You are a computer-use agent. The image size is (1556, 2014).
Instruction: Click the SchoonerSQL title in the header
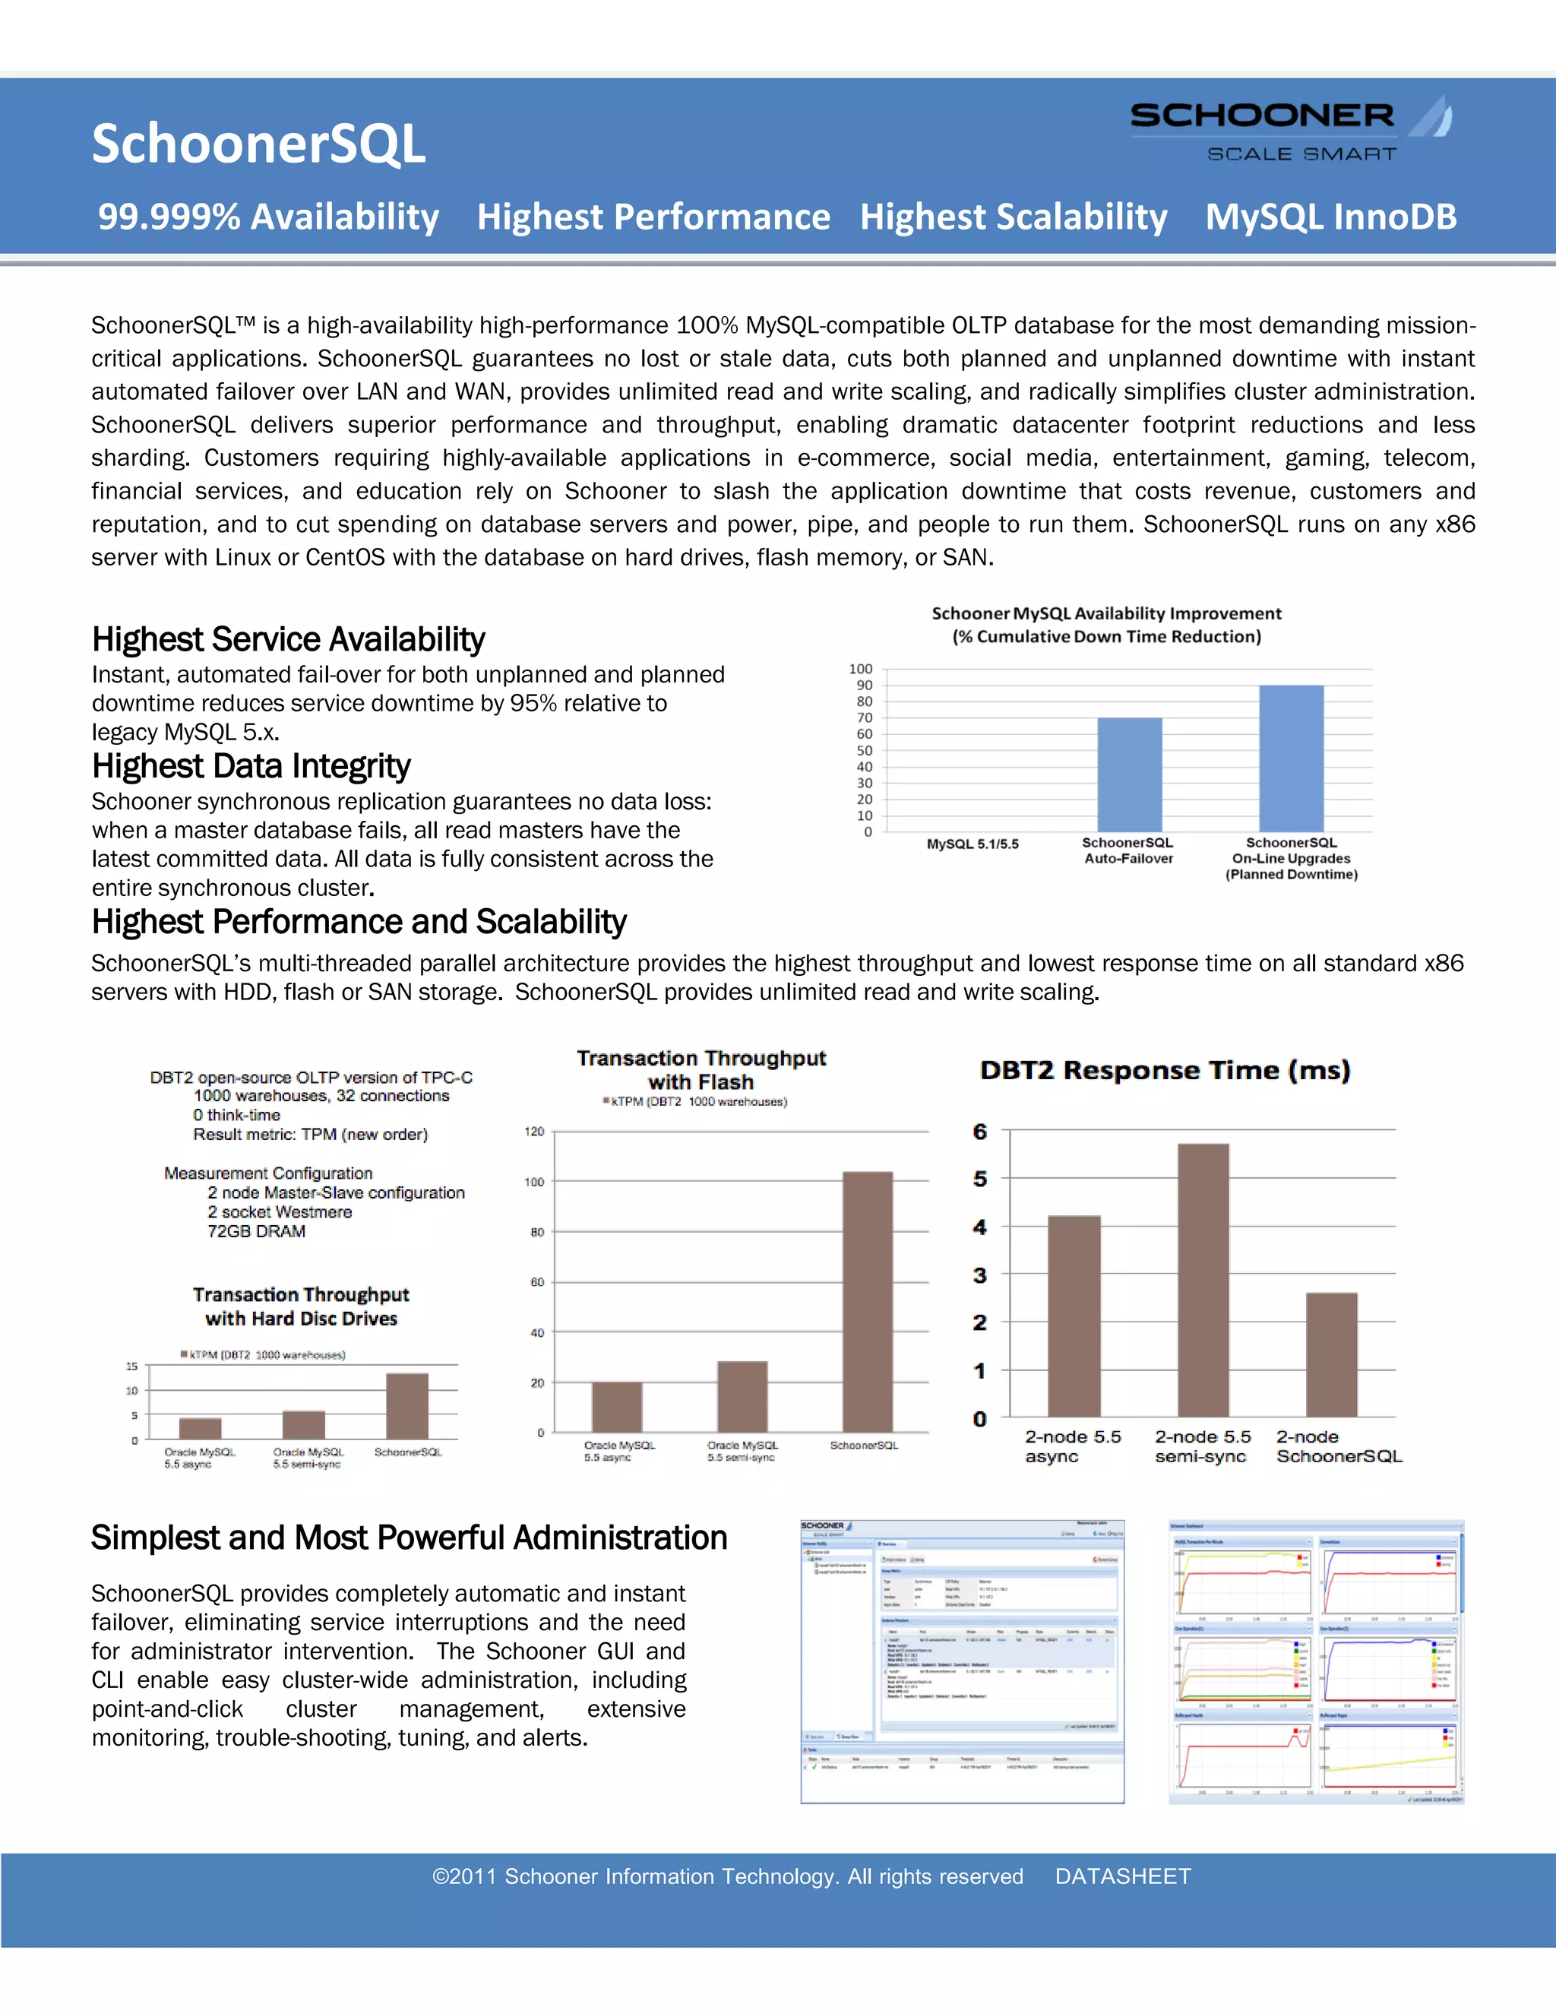click(x=258, y=144)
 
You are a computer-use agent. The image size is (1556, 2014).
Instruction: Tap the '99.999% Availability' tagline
click(x=268, y=217)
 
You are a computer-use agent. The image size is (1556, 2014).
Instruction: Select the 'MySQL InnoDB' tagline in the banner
click(x=1330, y=217)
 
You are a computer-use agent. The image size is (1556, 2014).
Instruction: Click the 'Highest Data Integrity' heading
click(x=251, y=766)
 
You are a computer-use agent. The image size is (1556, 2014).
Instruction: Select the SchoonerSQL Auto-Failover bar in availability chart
click(x=1129, y=774)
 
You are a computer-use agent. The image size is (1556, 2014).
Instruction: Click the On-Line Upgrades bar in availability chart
click(x=1291, y=758)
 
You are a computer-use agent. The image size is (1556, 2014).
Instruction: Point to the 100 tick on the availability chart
click(x=860, y=669)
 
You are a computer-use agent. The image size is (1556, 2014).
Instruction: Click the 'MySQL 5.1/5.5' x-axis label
click(x=972, y=844)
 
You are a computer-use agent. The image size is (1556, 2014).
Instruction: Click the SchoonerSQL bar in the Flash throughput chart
click(x=868, y=1301)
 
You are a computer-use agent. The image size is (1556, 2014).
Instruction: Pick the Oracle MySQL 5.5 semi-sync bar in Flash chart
click(x=742, y=1396)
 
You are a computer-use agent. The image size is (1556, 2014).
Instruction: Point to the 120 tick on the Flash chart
click(x=535, y=1132)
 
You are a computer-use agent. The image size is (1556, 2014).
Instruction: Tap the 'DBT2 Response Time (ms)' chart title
click(x=1165, y=1071)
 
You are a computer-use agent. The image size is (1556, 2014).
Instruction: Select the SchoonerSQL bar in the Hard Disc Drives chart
click(x=406, y=1406)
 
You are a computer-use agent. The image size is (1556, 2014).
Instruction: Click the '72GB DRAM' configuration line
click(x=256, y=1231)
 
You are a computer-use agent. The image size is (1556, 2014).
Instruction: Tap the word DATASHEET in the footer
click(x=1123, y=1876)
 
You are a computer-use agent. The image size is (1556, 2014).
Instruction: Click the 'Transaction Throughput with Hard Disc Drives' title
click(x=302, y=1306)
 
